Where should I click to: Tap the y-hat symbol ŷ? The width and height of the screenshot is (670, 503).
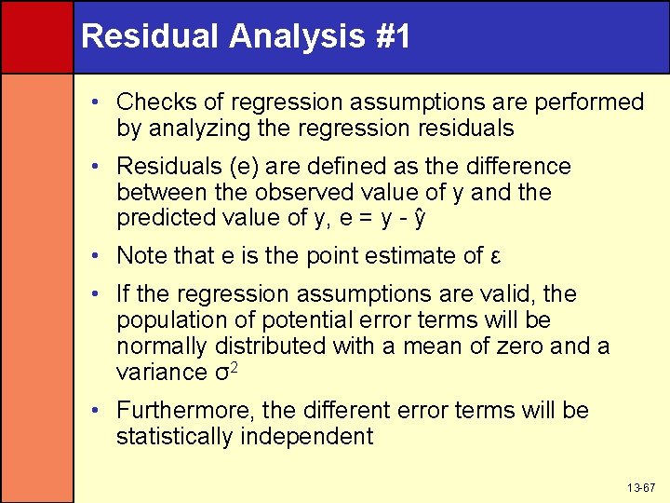[421, 220]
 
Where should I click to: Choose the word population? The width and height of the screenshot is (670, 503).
[173, 320]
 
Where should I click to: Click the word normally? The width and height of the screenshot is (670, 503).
[162, 347]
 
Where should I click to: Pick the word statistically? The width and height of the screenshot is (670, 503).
[175, 436]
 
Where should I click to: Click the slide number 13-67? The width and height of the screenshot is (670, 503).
[642, 487]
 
